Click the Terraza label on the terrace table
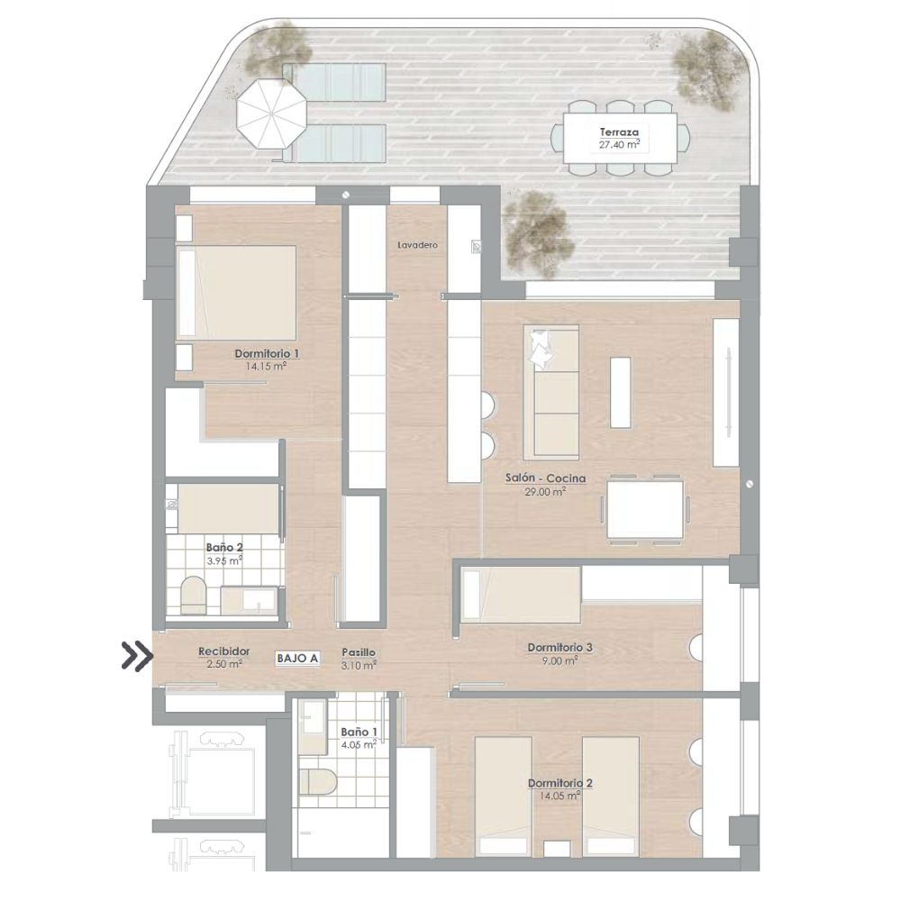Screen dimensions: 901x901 point(620,132)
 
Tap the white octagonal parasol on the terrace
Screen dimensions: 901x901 point(272,114)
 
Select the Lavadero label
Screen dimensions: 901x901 point(418,245)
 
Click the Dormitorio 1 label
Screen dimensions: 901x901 point(267,354)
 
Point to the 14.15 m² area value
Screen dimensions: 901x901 point(266,366)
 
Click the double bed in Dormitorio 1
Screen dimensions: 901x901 point(236,293)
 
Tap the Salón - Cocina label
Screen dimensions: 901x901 point(546,478)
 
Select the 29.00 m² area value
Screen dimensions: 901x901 point(546,492)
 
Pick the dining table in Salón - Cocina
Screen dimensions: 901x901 point(645,510)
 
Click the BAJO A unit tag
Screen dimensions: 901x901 point(297,659)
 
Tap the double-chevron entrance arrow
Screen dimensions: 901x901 point(137,656)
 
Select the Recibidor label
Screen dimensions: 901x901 point(224,651)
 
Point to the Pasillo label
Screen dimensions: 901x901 point(359,652)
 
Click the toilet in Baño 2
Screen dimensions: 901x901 point(193,596)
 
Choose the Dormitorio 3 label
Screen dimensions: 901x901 point(560,648)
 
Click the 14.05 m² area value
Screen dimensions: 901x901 point(560,796)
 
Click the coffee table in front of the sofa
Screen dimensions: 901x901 point(620,393)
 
